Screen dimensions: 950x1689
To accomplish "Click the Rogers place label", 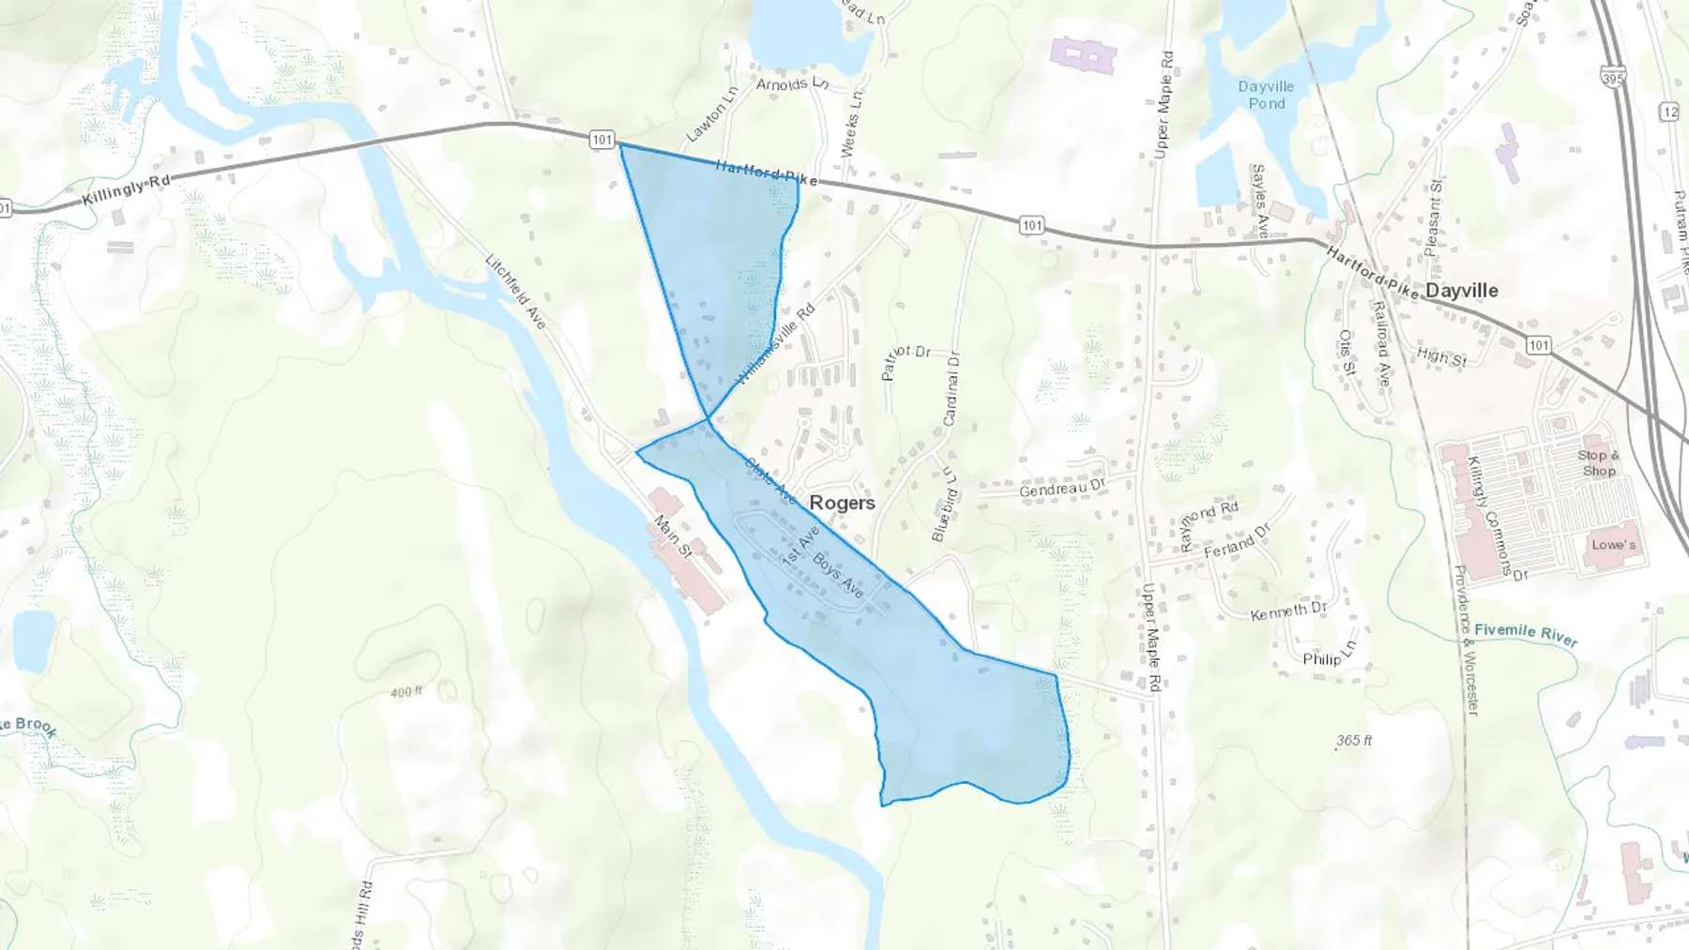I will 842,503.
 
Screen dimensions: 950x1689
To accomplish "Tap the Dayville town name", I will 1461,291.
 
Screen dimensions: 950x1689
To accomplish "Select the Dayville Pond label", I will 1266,95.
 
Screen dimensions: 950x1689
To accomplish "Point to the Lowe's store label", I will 1613,545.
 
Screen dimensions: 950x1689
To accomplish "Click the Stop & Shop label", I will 1598,462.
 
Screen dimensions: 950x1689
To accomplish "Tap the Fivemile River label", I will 1526,633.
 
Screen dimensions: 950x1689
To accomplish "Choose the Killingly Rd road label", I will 126,192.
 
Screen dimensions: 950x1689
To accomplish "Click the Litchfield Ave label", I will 515,291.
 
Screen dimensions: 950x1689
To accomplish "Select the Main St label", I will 673,536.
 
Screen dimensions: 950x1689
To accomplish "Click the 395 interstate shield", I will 1613,79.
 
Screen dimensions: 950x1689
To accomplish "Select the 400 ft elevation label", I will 406,692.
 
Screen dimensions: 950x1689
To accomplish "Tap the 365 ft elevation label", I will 1354,741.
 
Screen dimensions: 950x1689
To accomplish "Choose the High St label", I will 1441,356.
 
